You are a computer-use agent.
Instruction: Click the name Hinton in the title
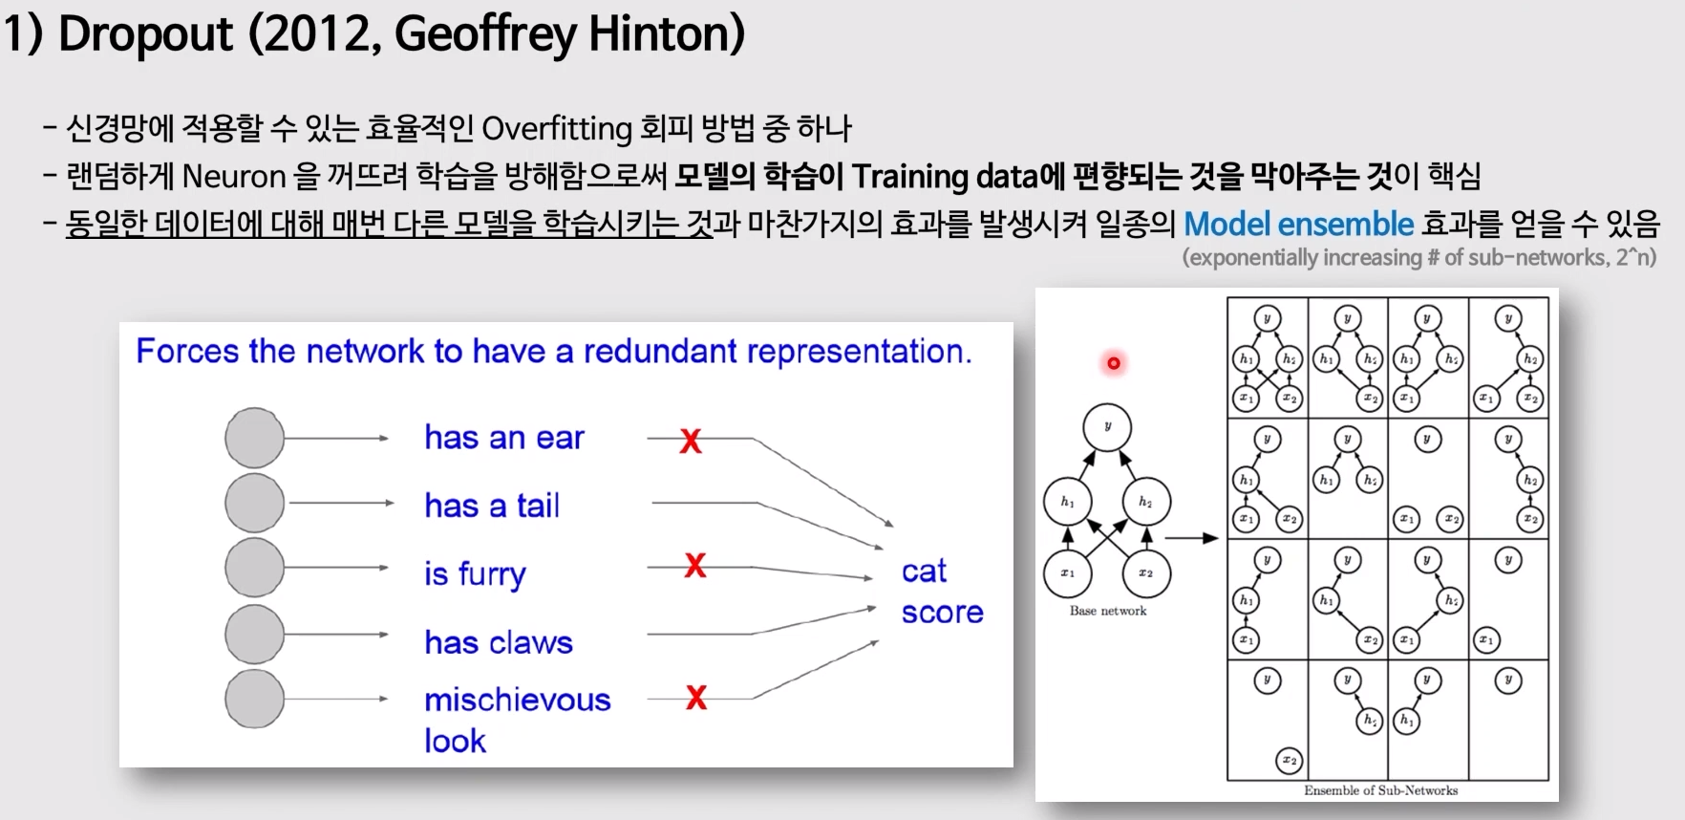(x=666, y=34)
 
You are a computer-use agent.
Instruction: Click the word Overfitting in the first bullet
(x=557, y=128)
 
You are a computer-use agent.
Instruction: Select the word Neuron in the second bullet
(x=234, y=176)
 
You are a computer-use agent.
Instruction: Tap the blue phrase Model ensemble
(x=1298, y=224)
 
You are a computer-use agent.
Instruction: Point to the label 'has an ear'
(x=503, y=438)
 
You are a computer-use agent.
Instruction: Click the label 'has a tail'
(x=492, y=505)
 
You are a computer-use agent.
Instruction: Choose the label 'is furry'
(x=475, y=573)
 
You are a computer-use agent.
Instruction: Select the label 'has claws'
(x=499, y=642)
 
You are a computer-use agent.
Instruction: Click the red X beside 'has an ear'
(x=691, y=441)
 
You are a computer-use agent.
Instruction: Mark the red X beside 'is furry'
(x=695, y=565)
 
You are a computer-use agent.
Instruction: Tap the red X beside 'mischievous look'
(x=696, y=698)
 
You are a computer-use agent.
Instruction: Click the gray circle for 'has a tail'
(x=254, y=503)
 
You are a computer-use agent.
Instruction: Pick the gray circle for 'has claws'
(x=254, y=635)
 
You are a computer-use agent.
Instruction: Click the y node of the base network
(x=1107, y=427)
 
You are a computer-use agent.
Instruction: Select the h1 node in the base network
(x=1067, y=502)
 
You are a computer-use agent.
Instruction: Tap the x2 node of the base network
(x=1145, y=573)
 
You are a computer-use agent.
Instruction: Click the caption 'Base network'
(x=1108, y=611)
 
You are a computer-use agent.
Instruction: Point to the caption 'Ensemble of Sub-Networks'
(x=1380, y=790)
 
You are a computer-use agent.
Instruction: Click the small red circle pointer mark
(x=1114, y=363)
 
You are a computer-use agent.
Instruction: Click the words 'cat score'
(x=941, y=592)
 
